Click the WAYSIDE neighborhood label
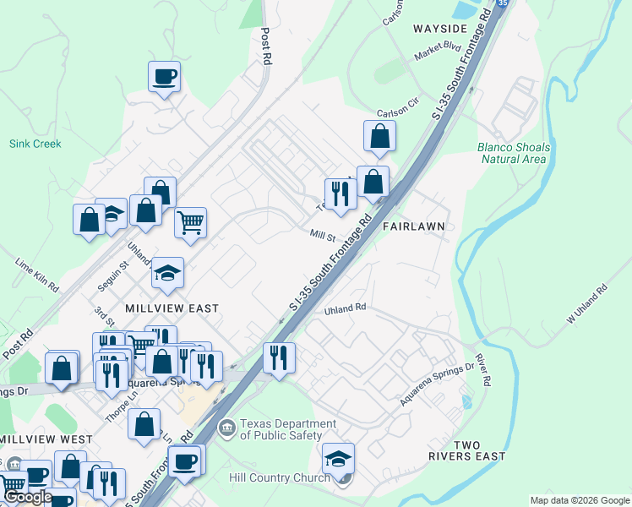[x=440, y=28]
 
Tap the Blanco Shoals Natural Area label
[x=513, y=153]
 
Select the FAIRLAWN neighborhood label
[x=413, y=227]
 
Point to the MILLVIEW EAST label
[x=173, y=308]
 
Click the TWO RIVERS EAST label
[x=478, y=450]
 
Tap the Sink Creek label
[x=35, y=144]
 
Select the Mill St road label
[x=323, y=236]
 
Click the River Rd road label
[x=482, y=370]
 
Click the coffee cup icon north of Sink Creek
[x=165, y=77]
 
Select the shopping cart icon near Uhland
[x=191, y=223]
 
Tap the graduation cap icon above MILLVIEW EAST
[x=168, y=273]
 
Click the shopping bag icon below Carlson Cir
[x=380, y=136]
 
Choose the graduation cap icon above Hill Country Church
[x=338, y=459]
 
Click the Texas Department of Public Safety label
[x=281, y=429]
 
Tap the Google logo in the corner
[x=27, y=497]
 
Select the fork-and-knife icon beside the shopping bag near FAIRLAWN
[x=341, y=194]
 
